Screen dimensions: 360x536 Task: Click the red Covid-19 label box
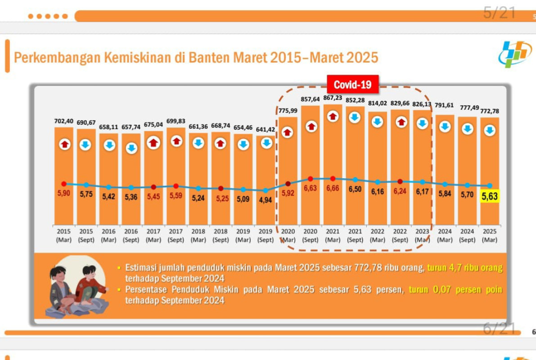click(352, 84)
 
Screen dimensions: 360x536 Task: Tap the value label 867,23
click(333, 98)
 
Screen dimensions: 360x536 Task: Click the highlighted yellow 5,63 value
click(490, 196)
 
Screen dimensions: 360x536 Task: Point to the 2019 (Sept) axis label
click(266, 236)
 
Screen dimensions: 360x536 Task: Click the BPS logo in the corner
click(515, 54)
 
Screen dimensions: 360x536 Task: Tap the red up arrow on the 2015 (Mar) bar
click(65, 144)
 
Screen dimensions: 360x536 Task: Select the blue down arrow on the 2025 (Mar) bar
click(490, 130)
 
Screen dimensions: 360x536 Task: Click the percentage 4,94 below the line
click(266, 200)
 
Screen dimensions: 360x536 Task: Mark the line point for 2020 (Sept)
click(310, 179)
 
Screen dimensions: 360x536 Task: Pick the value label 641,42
click(266, 130)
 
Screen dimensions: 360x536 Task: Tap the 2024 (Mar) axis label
click(445, 236)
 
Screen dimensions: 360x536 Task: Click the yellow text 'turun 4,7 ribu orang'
click(464, 268)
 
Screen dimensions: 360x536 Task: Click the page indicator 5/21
click(499, 13)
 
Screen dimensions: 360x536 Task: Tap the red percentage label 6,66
click(333, 189)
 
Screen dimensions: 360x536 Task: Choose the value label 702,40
click(63, 121)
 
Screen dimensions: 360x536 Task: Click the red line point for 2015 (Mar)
click(64, 184)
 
